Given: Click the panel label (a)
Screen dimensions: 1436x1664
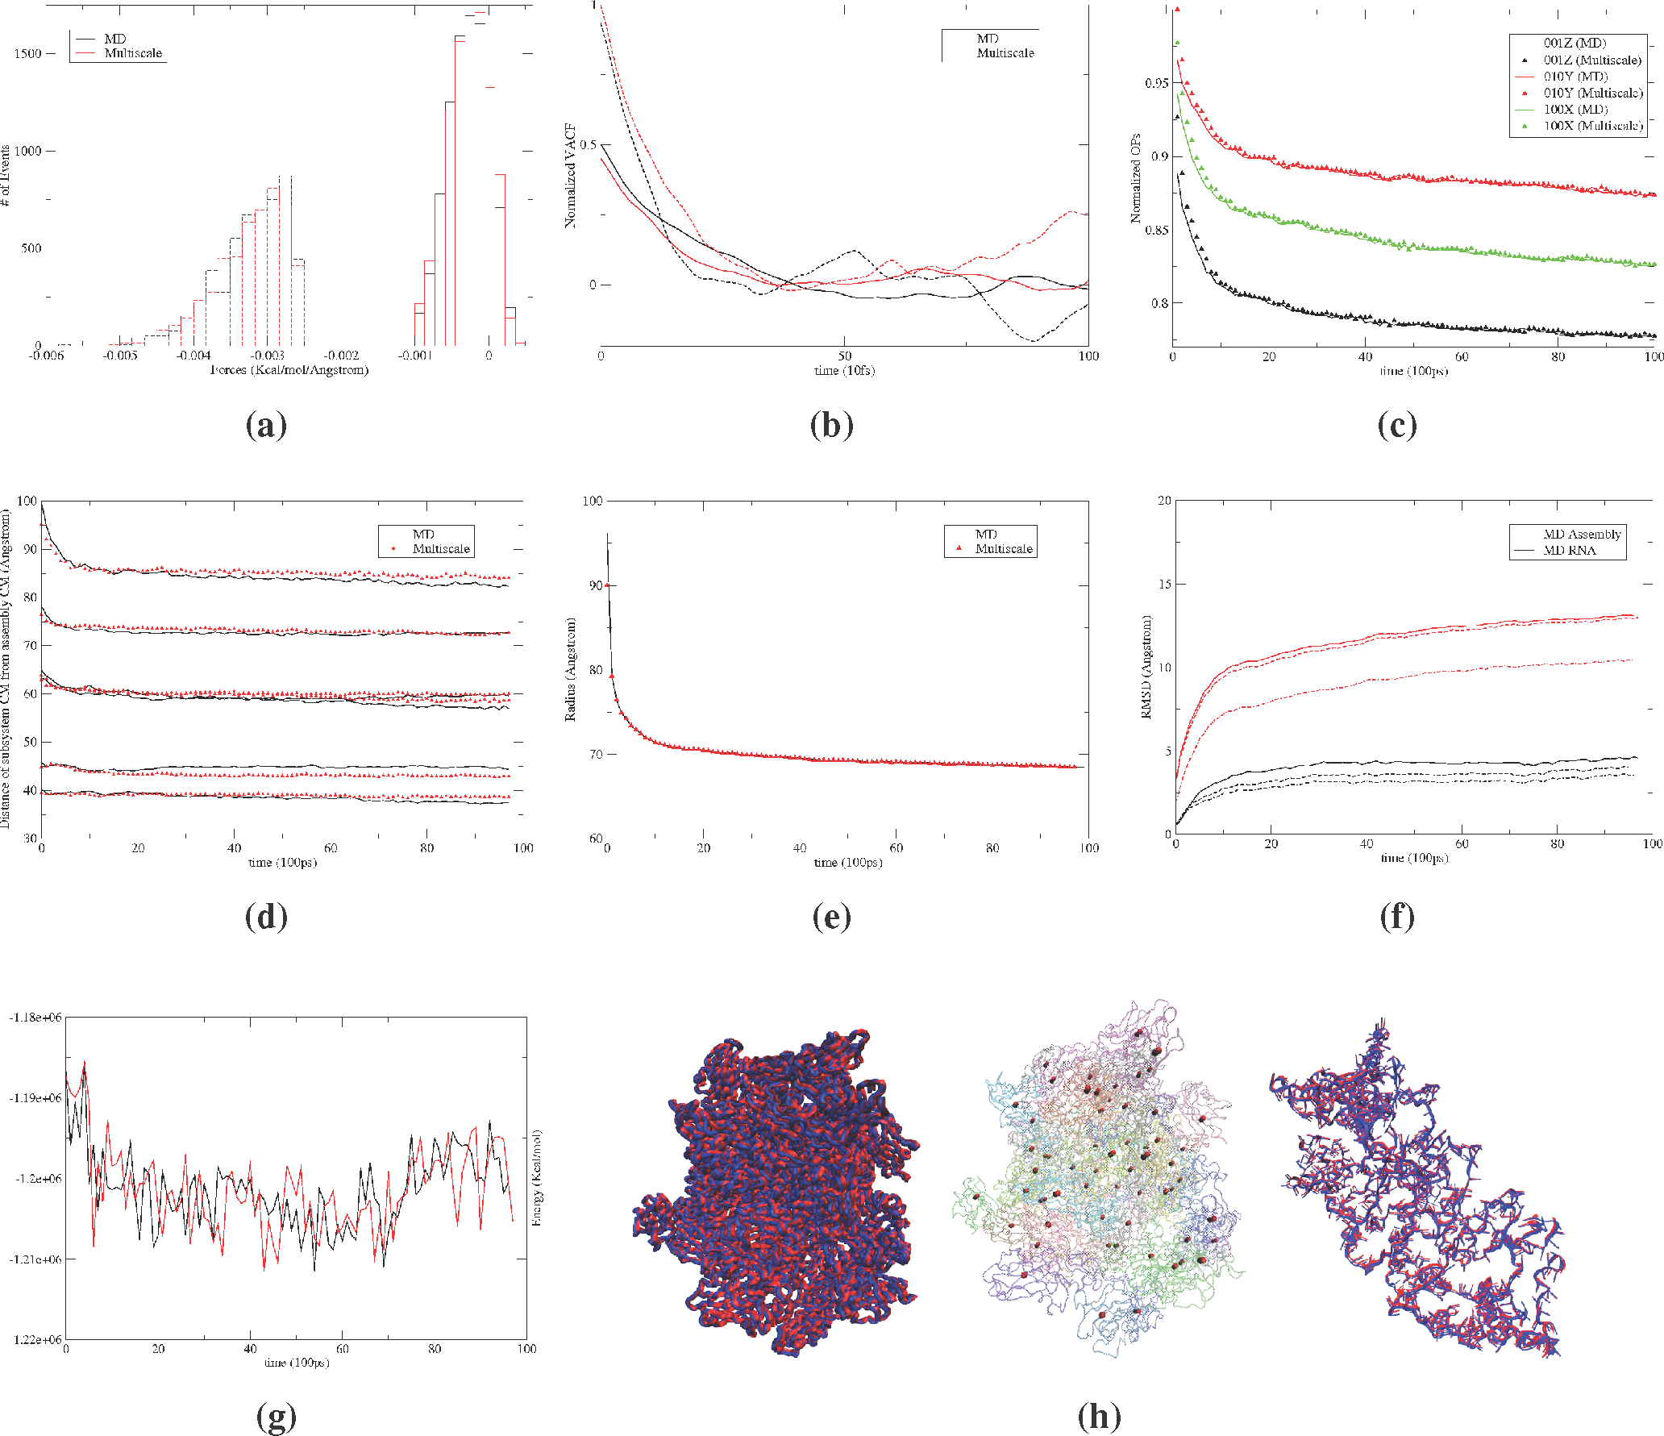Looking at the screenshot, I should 266,426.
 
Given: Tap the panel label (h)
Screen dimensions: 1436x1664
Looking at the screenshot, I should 1099,1416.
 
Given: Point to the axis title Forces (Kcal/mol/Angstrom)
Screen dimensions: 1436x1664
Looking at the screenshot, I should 289,370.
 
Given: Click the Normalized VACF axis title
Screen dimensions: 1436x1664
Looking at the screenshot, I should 571,175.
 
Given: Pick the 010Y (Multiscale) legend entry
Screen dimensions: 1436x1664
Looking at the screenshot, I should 1592,93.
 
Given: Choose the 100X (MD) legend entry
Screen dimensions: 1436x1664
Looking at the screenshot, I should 1575,110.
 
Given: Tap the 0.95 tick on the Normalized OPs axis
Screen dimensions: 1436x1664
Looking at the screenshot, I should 1156,83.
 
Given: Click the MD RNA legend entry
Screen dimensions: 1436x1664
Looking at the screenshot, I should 1569,551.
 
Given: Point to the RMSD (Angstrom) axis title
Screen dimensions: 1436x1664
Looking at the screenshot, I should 1146,667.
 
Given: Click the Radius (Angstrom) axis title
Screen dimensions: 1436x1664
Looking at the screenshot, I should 571,669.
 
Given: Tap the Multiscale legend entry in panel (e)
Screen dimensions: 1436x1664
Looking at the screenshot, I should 1003,549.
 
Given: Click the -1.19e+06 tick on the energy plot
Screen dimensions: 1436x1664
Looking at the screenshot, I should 35,1098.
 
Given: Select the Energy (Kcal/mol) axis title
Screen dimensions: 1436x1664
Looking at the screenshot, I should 537,1178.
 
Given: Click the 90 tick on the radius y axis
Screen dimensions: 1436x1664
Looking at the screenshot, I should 596,585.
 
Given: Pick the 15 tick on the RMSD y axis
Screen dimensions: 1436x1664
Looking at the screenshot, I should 1164,584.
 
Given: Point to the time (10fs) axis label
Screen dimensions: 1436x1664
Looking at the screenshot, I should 844,371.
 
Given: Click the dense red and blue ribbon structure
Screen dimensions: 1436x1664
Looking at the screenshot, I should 774,1193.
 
